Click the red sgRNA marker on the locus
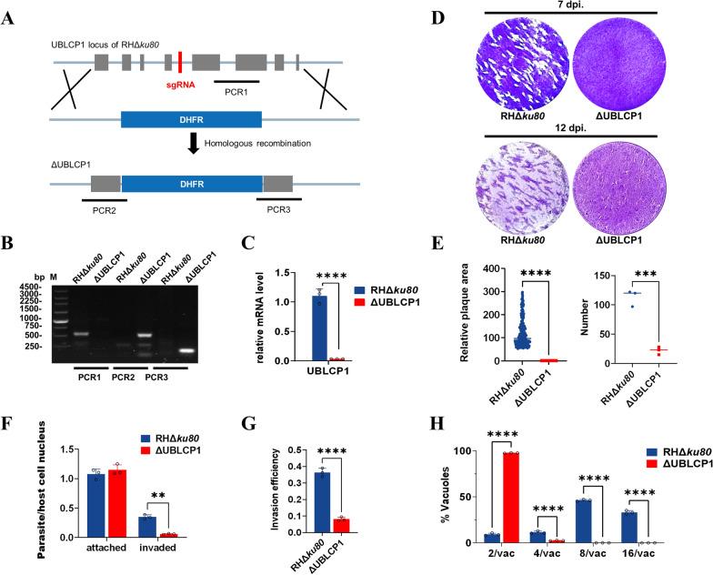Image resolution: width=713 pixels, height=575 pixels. tap(181, 62)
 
